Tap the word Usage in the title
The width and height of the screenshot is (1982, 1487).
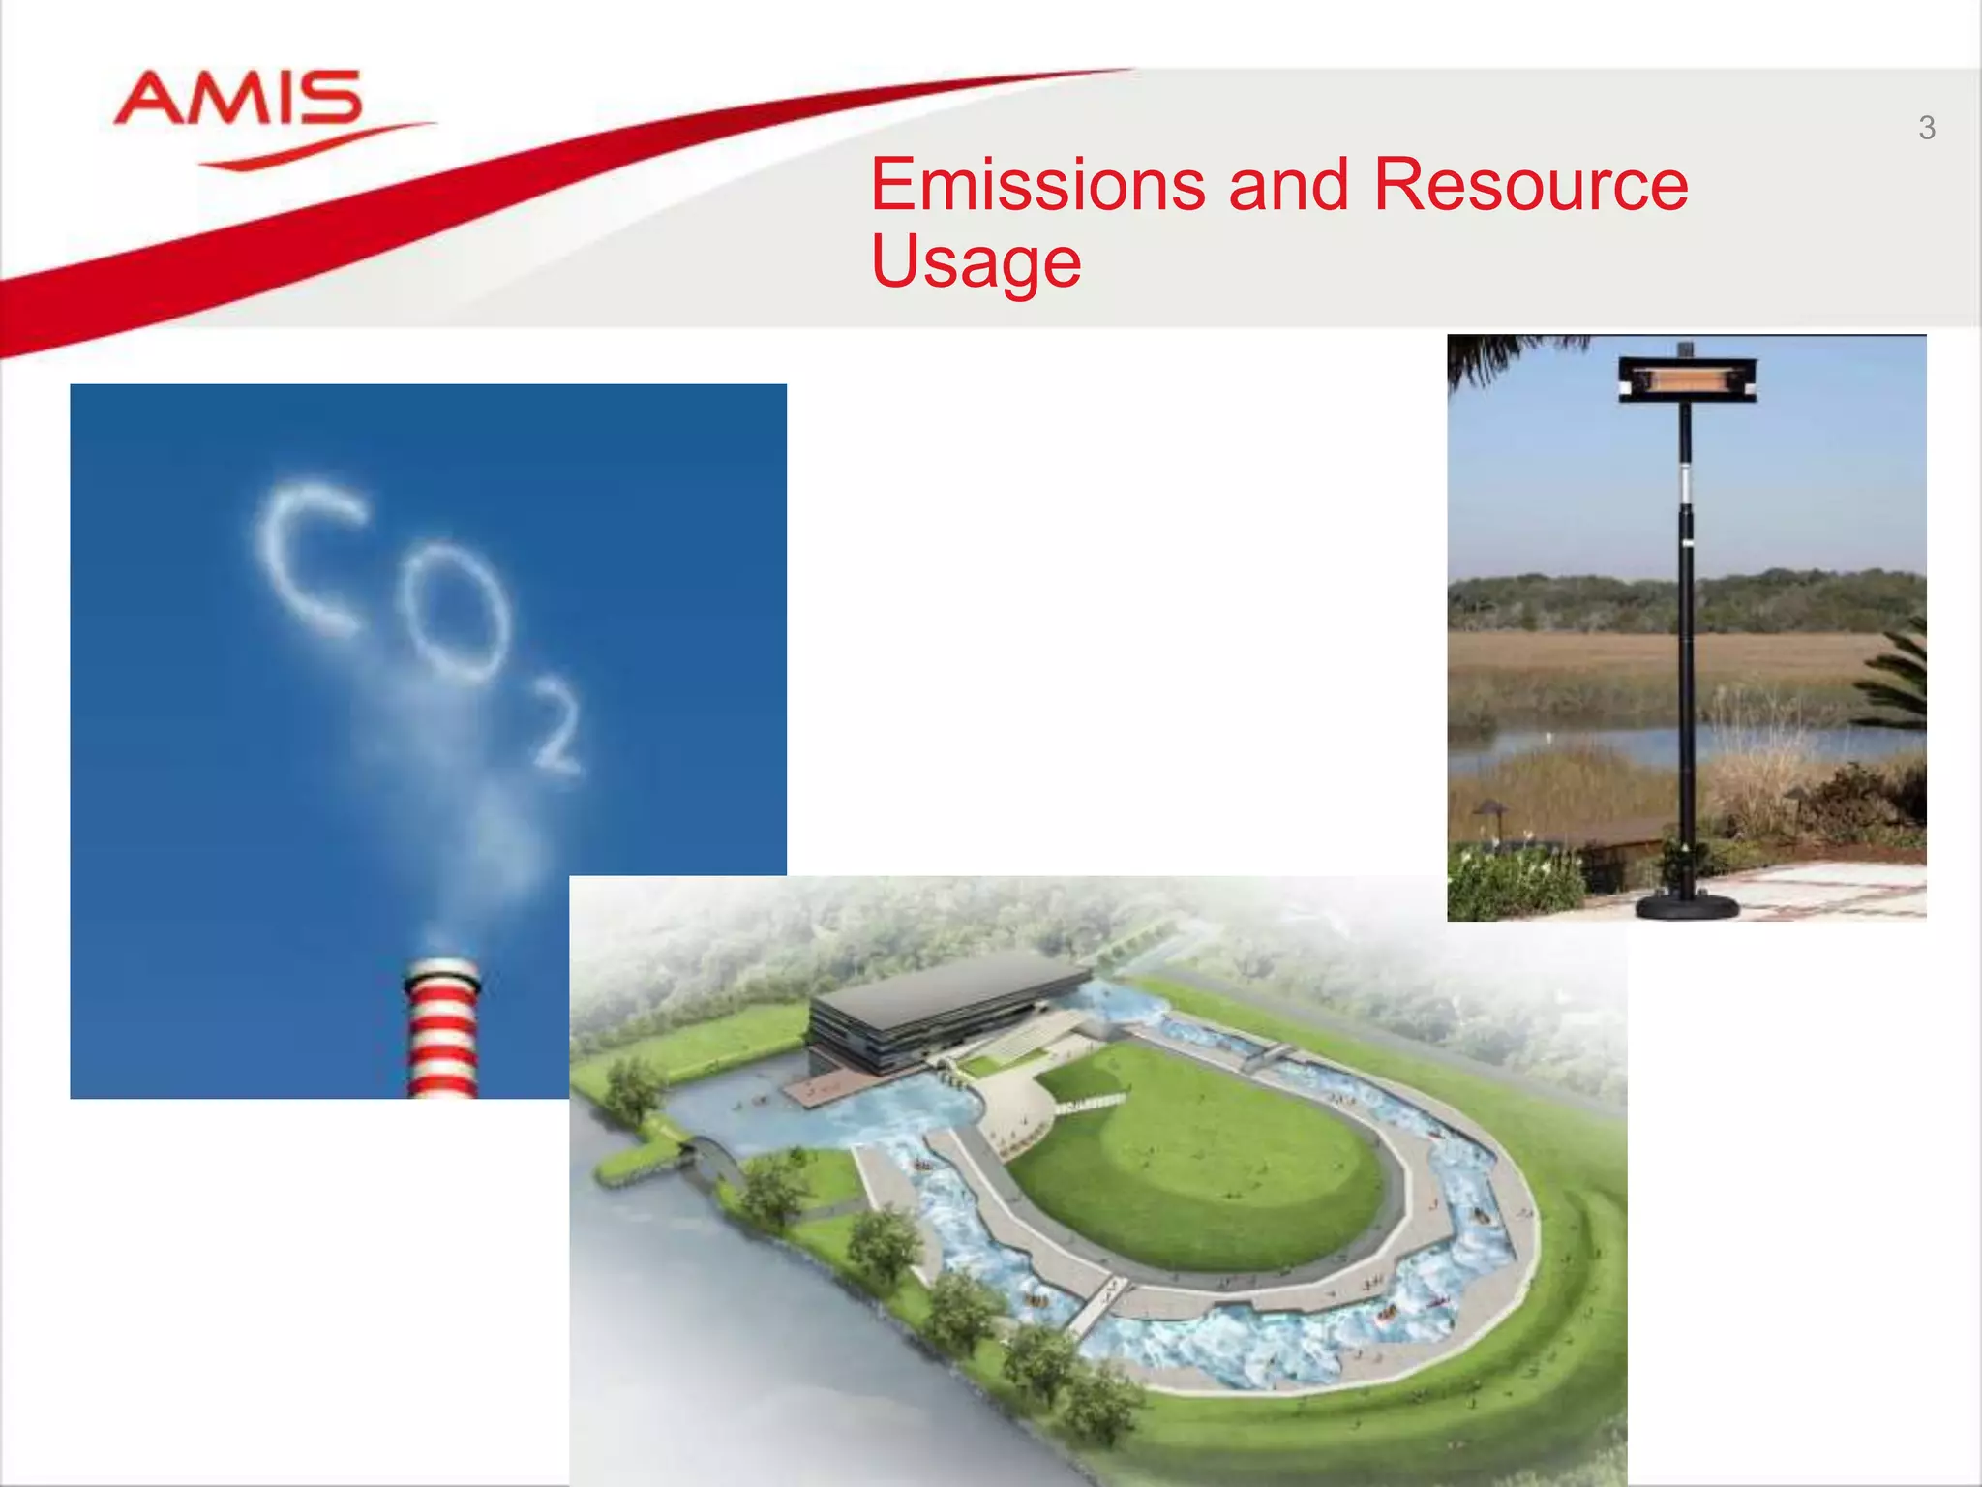976,261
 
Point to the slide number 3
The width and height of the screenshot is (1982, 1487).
1926,128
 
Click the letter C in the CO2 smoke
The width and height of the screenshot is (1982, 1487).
308,560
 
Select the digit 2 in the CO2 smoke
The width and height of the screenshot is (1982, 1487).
556,726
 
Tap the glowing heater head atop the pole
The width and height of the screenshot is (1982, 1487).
1687,378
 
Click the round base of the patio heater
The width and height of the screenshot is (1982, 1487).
1687,906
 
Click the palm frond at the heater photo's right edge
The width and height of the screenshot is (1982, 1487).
1897,678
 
